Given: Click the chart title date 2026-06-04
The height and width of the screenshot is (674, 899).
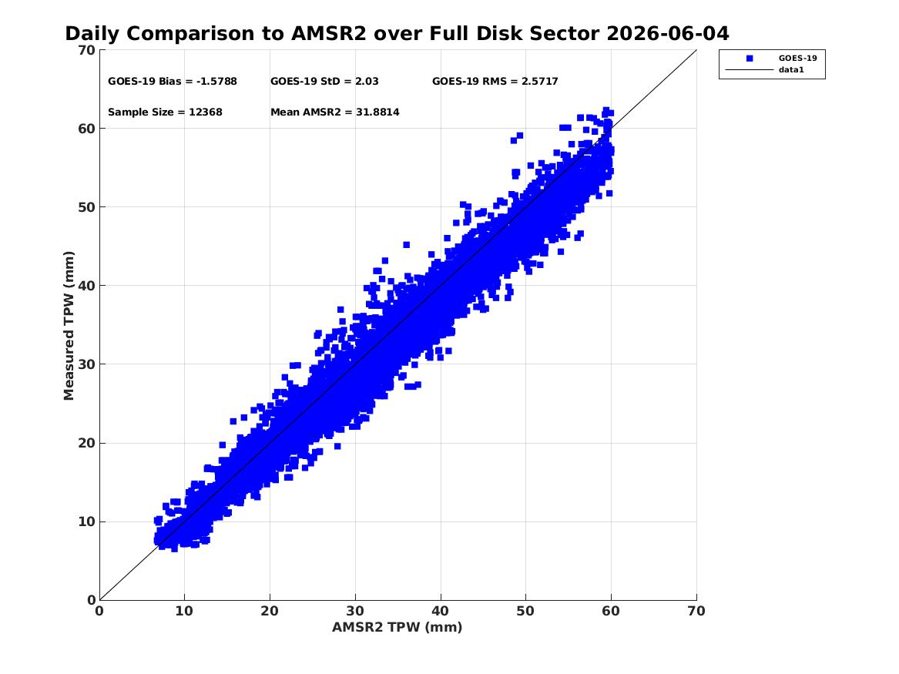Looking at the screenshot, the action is (x=667, y=34).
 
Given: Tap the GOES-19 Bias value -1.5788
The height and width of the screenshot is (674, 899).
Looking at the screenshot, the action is (x=216, y=82).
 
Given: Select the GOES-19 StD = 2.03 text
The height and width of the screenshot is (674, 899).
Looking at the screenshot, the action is (x=324, y=82).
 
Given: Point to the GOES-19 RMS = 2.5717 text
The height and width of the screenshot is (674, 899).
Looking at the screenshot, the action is (x=495, y=82).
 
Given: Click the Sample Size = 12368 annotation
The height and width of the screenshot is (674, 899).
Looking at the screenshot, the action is (x=165, y=112).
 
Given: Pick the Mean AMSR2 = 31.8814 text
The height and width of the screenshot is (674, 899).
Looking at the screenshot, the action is (x=335, y=112).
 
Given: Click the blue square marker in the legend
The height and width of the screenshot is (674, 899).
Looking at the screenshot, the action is (x=750, y=59).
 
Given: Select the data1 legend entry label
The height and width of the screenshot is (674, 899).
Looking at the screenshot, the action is (x=791, y=70).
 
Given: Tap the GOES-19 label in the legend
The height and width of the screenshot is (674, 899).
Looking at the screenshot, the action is (x=797, y=58).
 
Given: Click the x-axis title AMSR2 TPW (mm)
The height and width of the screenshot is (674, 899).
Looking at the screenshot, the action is (x=398, y=627).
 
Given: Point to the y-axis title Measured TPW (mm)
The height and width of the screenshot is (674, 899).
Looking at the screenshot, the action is (x=69, y=326).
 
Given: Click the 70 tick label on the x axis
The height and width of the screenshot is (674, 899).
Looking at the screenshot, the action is (x=696, y=611).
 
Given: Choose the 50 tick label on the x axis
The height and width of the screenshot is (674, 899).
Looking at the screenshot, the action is (x=525, y=611).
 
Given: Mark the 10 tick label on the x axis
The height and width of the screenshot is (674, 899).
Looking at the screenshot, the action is (x=184, y=611).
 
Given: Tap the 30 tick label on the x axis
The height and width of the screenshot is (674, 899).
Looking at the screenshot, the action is (x=355, y=611).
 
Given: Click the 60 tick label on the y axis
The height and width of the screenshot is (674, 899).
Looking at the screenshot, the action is (x=86, y=129).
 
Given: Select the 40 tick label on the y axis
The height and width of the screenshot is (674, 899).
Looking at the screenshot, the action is (x=86, y=286).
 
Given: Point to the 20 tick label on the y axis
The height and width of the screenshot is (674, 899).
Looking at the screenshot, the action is (x=86, y=443).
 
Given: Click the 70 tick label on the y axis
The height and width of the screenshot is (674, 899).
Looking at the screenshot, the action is (x=86, y=50).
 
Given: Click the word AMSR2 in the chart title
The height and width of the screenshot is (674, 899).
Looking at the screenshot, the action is (x=328, y=34).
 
